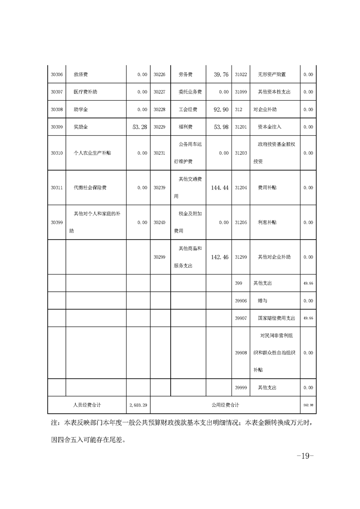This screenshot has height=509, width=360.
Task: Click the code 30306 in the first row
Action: click(x=57, y=74)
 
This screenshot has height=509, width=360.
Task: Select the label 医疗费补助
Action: click(x=85, y=92)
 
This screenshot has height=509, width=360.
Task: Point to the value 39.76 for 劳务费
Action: click(x=220, y=74)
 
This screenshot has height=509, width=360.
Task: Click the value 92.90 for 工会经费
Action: click(x=220, y=109)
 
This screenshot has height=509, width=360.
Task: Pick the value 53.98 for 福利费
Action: click(x=220, y=127)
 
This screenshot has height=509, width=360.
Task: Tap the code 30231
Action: click(x=159, y=153)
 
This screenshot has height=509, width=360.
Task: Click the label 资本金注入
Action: click(x=270, y=127)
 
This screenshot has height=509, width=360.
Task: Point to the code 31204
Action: click(x=241, y=187)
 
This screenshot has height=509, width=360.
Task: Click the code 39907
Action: click(x=241, y=318)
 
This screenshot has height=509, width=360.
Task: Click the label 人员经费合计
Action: click(x=87, y=405)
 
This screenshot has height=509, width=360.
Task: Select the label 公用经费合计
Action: click(x=225, y=405)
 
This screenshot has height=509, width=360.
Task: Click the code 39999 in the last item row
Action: click(x=241, y=387)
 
